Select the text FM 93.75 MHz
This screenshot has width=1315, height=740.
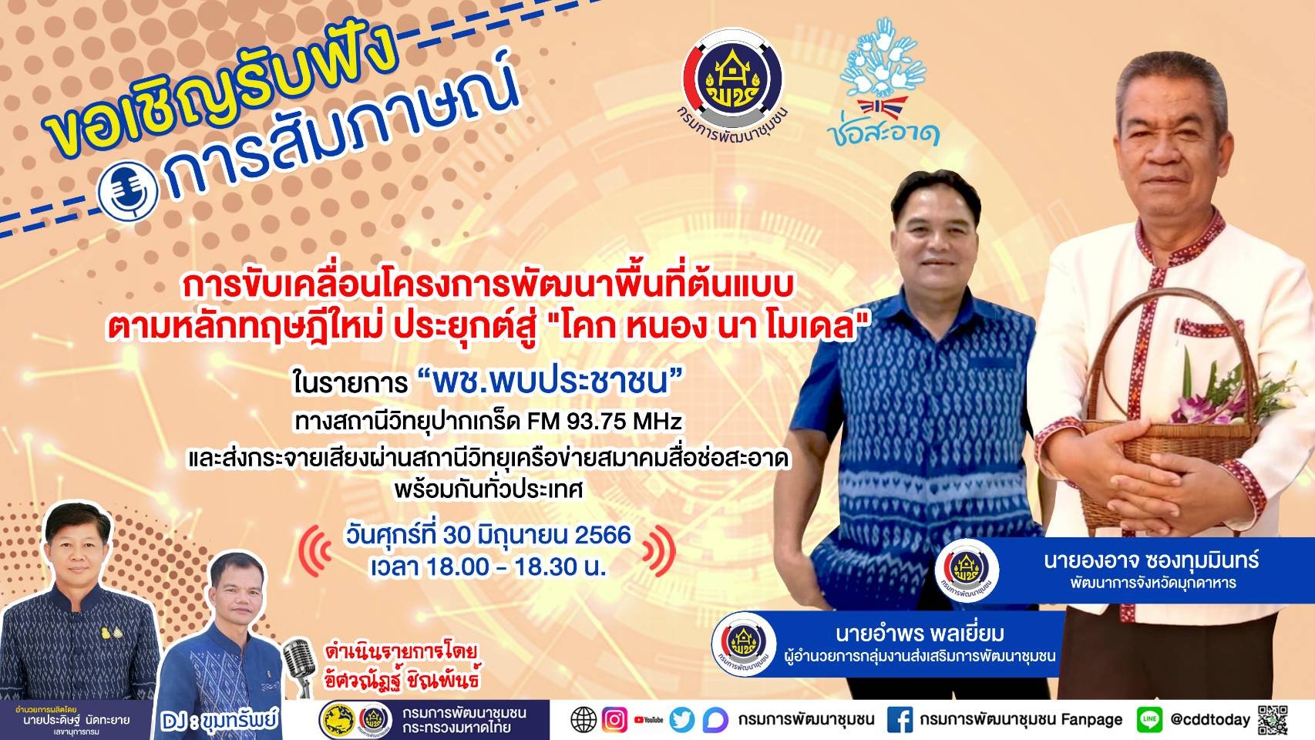(604, 422)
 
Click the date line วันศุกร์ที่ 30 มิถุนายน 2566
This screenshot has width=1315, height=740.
(488, 534)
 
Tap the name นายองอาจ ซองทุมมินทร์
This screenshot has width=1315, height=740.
(1151, 560)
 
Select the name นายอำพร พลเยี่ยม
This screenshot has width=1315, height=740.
(920, 634)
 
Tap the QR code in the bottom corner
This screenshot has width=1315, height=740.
(1273, 718)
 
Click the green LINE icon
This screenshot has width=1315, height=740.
(1149, 720)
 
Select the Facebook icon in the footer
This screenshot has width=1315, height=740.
(900, 720)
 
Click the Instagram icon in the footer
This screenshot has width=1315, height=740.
(614, 720)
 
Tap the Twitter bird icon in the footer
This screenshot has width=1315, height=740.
(682, 720)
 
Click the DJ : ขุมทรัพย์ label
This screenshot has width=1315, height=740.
(220, 721)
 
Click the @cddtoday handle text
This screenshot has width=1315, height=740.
(1209, 720)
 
